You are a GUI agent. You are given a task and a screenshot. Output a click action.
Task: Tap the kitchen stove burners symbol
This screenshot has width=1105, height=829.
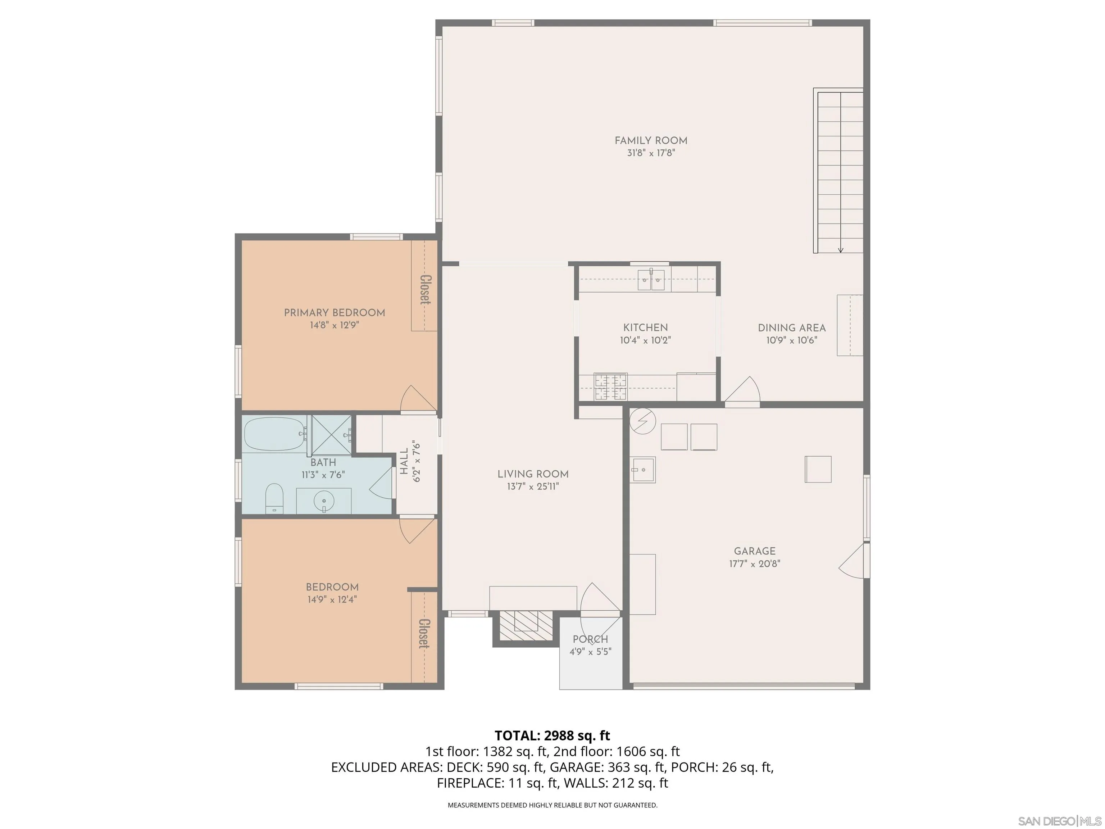click(610, 387)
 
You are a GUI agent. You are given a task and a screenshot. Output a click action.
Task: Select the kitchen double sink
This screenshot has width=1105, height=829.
click(651, 279)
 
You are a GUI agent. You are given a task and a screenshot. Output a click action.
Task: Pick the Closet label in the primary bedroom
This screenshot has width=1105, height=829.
click(425, 289)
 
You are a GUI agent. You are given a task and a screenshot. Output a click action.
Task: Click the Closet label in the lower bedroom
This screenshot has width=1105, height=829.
click(424, 634)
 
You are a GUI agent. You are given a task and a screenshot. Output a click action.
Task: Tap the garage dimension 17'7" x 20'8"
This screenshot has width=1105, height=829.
click(754, 564)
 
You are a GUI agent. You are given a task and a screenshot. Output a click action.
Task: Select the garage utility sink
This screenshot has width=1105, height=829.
click(642, 469)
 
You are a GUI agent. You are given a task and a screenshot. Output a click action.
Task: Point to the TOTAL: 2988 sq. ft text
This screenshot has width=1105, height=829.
click(552, 735)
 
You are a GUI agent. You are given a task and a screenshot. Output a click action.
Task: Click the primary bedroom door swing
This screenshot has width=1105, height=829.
click(417, 399)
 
